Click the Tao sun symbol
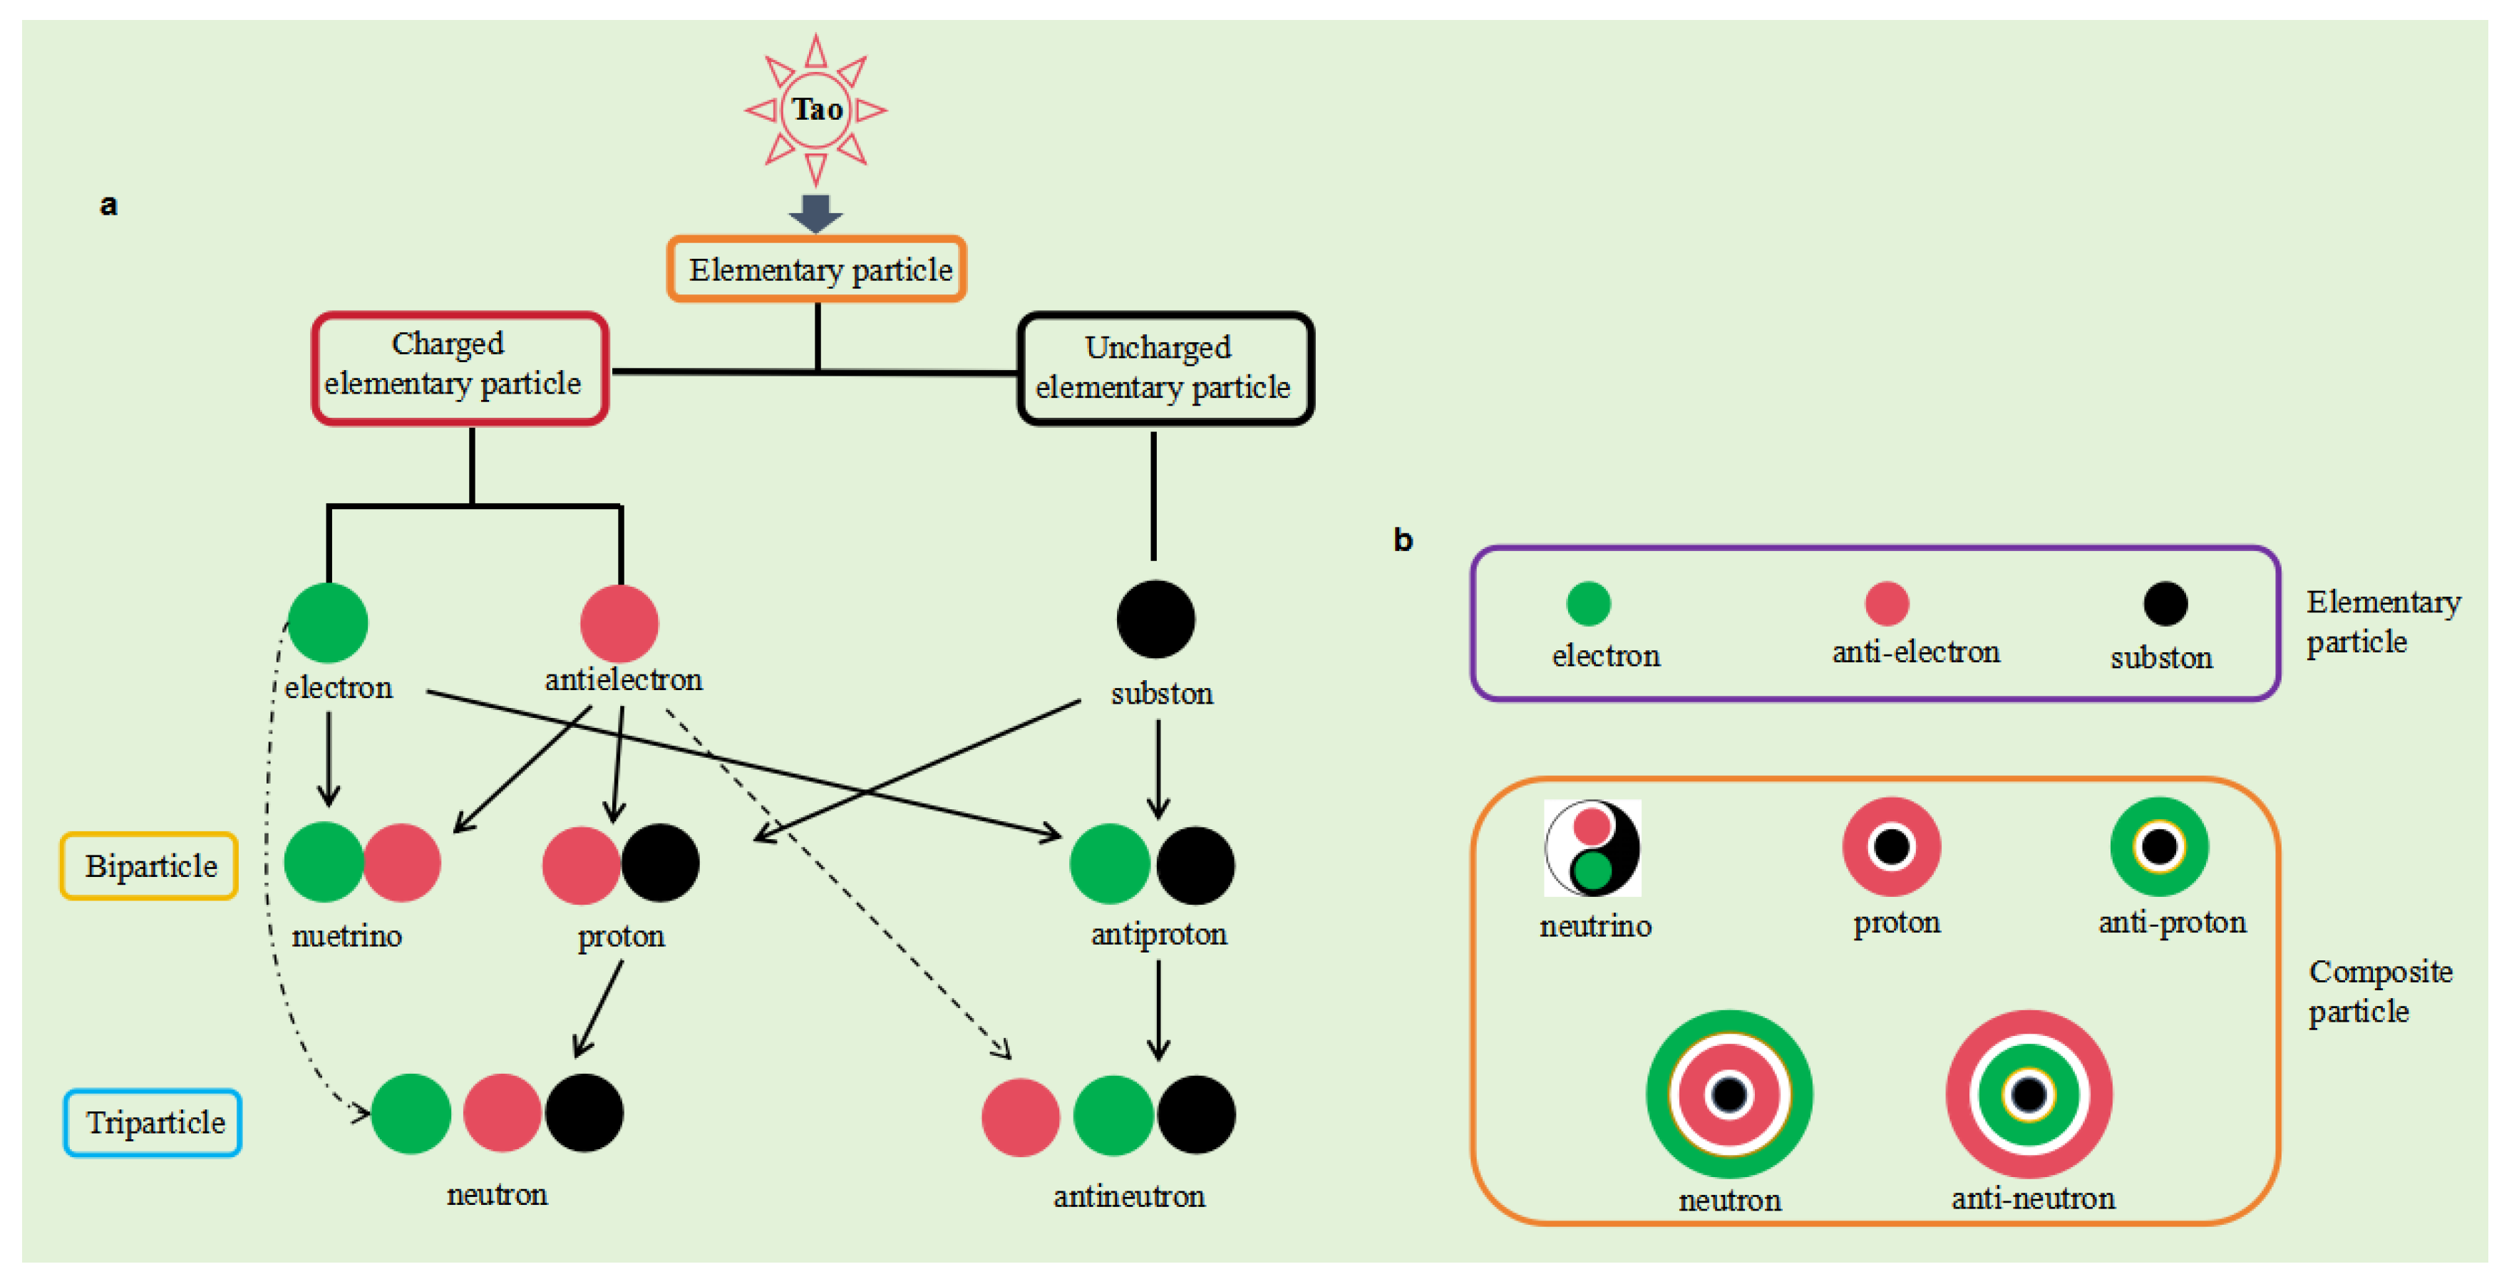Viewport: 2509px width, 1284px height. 816,109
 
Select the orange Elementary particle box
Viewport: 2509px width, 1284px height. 816,269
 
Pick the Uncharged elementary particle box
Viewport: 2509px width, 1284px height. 1165,369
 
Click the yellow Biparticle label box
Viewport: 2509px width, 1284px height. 150,865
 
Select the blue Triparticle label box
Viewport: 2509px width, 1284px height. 153,1122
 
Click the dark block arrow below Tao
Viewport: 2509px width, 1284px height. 816,212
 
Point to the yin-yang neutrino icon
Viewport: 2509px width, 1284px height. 1592,848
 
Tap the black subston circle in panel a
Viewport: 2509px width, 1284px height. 1155,619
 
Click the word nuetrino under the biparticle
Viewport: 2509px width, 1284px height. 346,936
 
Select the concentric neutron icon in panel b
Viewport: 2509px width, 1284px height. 1729,1093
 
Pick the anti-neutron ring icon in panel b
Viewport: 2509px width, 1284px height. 2029,1093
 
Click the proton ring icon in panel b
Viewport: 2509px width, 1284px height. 1892,846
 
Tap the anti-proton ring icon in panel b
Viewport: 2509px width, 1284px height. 2158,846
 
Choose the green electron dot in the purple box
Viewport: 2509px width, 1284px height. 1589,603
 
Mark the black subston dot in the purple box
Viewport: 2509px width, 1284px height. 2165,603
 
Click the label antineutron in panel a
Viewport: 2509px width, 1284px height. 1129,1196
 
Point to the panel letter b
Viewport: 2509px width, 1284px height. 1403,539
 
